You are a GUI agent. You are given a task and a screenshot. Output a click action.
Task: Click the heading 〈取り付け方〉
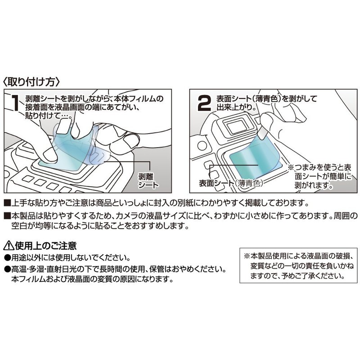(31, 82)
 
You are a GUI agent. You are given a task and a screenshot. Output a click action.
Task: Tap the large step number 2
(205, 103)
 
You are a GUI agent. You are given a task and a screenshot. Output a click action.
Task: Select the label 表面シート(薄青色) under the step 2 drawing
(231, 184)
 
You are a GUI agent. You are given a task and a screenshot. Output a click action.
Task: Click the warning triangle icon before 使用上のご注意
(8, 246)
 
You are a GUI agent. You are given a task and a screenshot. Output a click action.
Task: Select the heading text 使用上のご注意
(45, 246)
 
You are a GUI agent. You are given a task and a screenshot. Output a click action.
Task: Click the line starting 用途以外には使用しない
(67, 258)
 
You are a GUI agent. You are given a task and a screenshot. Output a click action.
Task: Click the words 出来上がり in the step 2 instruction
(234, 108)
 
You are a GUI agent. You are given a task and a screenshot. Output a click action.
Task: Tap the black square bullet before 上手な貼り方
(7, 202)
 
